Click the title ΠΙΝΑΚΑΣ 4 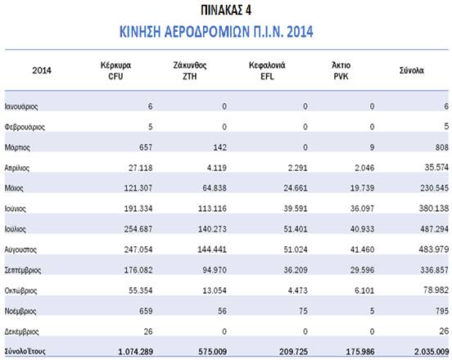(x=226, y=11)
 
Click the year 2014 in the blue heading (x=300, y=31)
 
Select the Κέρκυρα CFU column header (x=115, y=70)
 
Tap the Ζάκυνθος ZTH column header (x=190, y=70)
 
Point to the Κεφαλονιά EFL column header (x=267, y=70)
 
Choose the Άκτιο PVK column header (x=341, y=70)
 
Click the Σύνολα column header (x=412, y=70)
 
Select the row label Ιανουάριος (x=21, y=106)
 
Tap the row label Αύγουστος (x=20, y=250)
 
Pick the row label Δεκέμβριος (x=21, y=331)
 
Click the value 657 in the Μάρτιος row (x=146, y=147)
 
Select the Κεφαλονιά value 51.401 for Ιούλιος (x=296, y=229)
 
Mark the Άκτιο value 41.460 (x=363, y=250)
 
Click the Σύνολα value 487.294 (x=434, y=228)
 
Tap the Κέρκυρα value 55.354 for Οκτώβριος (x=140, y=290)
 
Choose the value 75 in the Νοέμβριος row (x=303, y=311)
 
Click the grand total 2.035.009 (x=432, y=351)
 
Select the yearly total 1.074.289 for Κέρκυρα (x=135, y=351)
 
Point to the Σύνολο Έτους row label (x=25, y=351)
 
